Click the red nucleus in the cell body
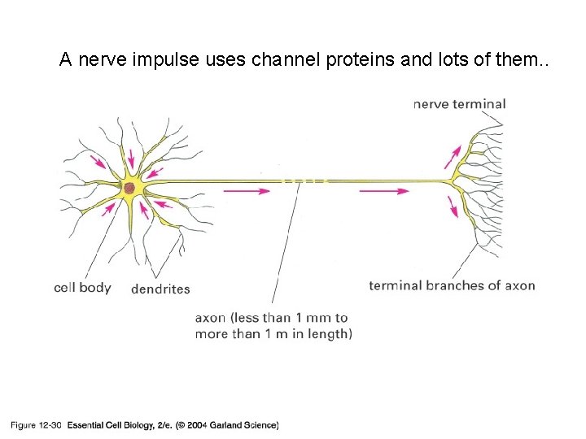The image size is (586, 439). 129,189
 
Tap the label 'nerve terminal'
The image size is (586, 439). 459,104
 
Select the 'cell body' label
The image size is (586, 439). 82,288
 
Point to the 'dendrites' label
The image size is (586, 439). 160,289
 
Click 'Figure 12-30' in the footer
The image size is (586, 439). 36,424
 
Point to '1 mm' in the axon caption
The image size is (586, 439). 316,318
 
